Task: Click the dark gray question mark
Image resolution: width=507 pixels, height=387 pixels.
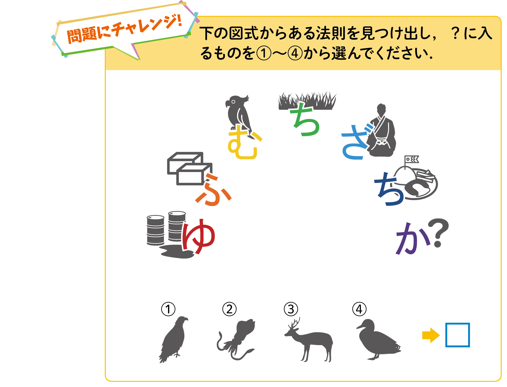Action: (x=439, y=232)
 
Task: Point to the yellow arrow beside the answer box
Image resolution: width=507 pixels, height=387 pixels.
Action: (x=431, y=335)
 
